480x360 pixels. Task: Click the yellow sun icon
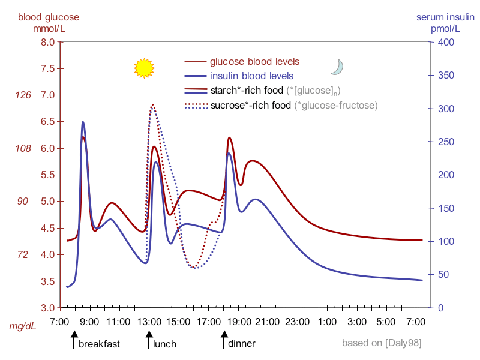[x=144, y=68]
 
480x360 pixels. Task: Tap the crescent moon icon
[x=337, y=67]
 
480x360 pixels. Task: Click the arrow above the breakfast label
[x=74, y=341]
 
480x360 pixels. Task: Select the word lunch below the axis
[x=164, y=344]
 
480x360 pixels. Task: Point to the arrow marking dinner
[x=224, y=341]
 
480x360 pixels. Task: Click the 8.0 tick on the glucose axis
[x=47, y=42]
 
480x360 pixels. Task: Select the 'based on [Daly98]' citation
[x=381, y=344]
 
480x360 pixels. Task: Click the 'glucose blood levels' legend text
[x=254, y=61]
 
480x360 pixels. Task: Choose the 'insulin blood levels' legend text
[x=251, y=76]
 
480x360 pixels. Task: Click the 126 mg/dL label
[x=23, y=95]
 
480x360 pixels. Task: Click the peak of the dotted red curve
[x=152, y=104]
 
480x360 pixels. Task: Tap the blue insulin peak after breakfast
[x=83, y=122]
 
